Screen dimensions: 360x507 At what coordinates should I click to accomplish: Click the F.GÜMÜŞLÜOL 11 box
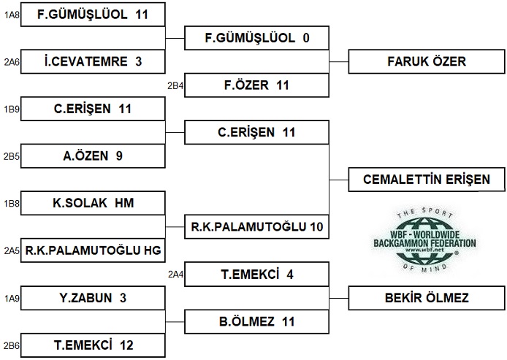(x=92, y=14)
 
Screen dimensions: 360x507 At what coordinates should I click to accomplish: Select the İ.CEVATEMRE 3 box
(x=92, y=61)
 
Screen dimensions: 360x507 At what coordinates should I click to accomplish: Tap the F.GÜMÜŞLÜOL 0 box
(x=256, y=38)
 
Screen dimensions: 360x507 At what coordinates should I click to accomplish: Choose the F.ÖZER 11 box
(x=256, y=85)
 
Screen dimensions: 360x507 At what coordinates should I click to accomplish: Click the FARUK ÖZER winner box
(x=427, y=61)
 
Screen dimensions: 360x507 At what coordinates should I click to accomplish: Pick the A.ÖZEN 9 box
(x=92, y=155)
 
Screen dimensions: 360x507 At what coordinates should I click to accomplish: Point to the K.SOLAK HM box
(x=92, y=203)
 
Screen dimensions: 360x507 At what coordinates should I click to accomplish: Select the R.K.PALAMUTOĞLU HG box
(x=92, y=250)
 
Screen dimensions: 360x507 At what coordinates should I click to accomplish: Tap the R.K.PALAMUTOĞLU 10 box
(x=256, y=226)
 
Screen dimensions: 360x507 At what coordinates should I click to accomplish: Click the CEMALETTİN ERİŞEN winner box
(x=427, y=179)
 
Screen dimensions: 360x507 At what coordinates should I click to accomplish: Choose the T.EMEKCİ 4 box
(x=256, y=275)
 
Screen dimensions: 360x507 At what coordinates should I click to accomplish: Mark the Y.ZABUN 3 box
(x=92, y=298)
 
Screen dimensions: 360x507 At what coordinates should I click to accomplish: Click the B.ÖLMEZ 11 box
(x=256, y=321)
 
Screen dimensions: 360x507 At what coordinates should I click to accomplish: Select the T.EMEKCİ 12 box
(x=92, y=345)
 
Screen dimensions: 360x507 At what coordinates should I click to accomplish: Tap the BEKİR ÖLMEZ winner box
(x=427, y=298)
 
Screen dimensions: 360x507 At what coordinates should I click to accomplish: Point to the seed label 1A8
(x=11, y=15)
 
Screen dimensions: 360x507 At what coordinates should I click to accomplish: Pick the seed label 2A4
(x=175, y=275)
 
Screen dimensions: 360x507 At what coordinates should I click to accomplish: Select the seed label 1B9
(x=11, y=110)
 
